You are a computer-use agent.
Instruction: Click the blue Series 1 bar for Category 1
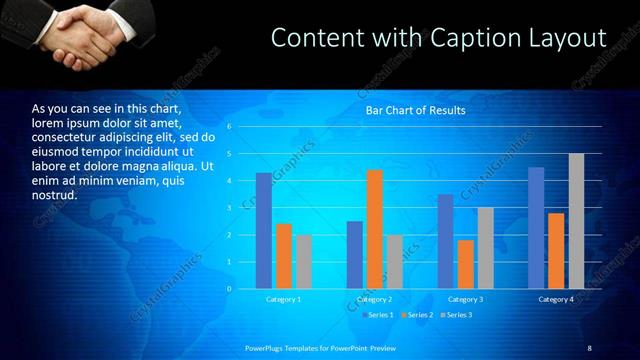[x=264, y=231]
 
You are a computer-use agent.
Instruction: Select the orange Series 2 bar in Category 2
[x=375, y=229]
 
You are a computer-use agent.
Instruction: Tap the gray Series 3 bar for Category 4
[x=576, y=221]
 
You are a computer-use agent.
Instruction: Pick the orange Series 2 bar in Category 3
[x=466, y=264]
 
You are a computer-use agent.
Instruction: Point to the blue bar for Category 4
[x=536, y=228]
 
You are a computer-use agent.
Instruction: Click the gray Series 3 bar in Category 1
[x=304, y=262]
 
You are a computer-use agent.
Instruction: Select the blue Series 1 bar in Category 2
[x=355, y=255]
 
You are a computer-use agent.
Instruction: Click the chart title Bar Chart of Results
[x=414, y=111]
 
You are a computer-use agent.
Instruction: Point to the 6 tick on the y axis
[x=229, y=127]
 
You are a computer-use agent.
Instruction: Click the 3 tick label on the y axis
[x=229, y=208]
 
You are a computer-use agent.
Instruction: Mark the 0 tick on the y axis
[x=229, y=289]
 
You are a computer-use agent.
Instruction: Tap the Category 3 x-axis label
[x=466, y=299]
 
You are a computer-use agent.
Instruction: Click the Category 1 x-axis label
[x=284, y=299]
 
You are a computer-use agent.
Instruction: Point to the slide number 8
[x=589, y=347]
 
